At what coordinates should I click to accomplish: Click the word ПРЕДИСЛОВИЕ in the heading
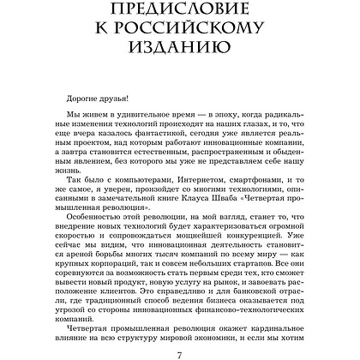click(180, 16)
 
